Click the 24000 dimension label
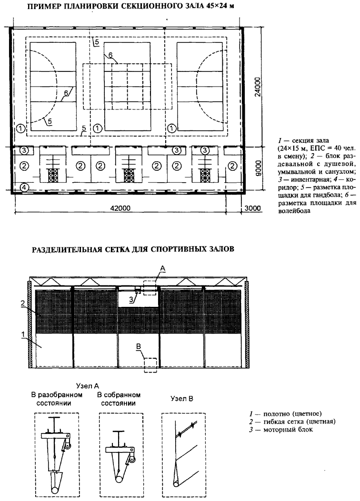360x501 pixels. tap(258, 86)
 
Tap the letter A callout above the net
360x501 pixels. tap(162, 269)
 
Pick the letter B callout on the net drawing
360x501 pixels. tap(139, 346)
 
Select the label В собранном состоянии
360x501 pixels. tap(119, 399)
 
